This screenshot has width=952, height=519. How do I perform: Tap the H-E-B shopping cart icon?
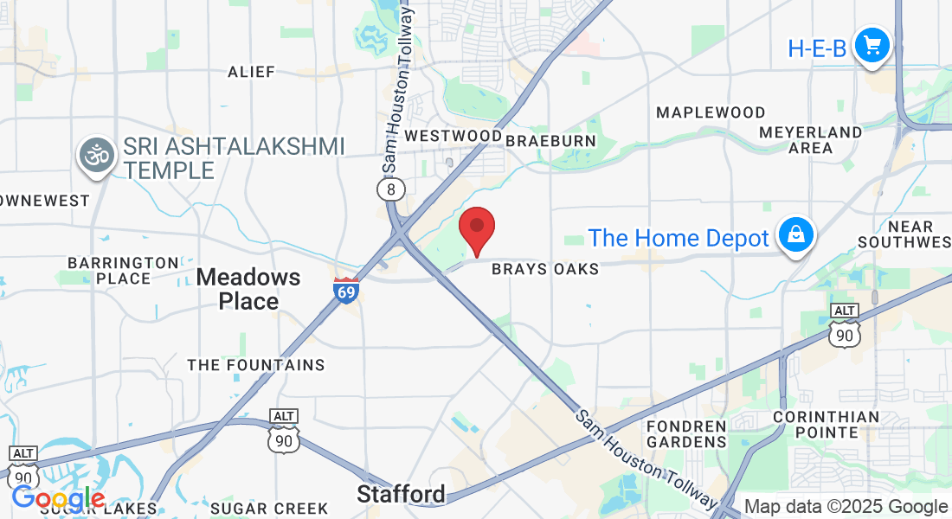[872, 45]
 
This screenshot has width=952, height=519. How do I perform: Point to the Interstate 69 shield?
[346, 290]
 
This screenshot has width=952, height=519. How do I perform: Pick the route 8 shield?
[391, 189]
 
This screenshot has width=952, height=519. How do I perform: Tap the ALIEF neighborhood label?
[251, 72]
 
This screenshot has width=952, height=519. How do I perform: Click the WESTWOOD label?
[453, 136]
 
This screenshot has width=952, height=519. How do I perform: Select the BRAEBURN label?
[551, 140]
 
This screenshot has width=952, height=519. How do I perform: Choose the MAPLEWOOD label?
[711, 112]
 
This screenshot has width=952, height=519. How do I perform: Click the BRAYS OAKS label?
[545, 269]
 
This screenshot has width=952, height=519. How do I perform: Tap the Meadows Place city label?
[248, 289]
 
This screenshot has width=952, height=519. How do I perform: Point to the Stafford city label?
[402, 494]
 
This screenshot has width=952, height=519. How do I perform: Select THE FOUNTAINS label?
[256, 365]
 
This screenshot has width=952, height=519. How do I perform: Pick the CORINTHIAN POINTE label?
[826, 425]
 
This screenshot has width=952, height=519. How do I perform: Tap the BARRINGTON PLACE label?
[123, 270]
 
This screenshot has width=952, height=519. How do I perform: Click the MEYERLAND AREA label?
[810, 140]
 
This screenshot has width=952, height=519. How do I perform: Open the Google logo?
[58, 498]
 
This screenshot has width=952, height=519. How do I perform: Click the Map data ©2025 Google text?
[846, 507]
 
